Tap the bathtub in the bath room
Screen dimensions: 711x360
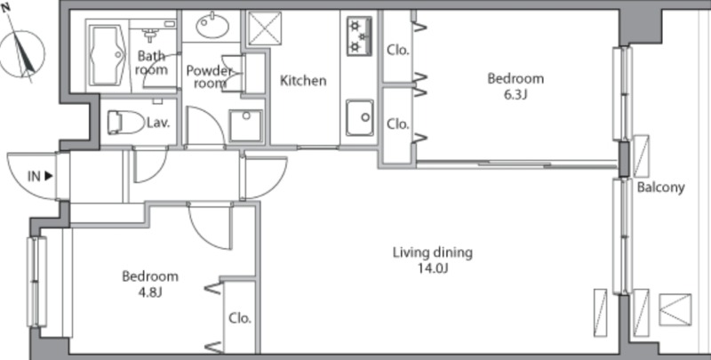(x=108, y=55)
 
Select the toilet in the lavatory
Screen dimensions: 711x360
(x=124, y=123)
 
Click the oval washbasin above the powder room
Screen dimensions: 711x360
(x=212, y=26)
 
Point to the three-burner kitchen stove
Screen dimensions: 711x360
(x=359, y=36)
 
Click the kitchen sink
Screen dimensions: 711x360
(x=360, y=118)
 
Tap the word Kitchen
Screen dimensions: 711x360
(x=303, y=81)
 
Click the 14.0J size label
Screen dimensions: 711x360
(x=433, y=268)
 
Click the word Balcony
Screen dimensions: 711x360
(x=660, y=188)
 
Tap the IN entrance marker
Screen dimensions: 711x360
(x=40, y=176)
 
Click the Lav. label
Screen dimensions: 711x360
(x=158, y=123)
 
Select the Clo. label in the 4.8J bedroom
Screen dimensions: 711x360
(x=240, y=318)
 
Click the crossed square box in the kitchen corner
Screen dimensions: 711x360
(x=265, y=28)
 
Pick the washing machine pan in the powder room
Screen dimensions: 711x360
(x=245, y=125)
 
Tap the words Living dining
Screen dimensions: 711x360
(x=433, y=252)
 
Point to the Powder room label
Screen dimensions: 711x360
(x=210, y=77)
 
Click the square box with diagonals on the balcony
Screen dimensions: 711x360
(x=675, y=309)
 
